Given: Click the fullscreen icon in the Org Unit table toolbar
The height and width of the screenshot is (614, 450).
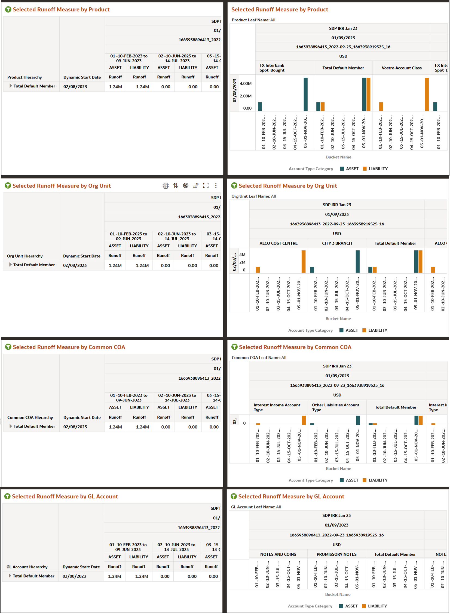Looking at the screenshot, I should pos(206,186).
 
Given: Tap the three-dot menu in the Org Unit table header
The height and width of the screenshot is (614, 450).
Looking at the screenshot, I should pos(216,186).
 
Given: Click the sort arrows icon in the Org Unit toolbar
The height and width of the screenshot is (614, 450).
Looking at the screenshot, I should pos(175,186).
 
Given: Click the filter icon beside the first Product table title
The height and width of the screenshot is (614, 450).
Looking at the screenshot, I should pos(8,10).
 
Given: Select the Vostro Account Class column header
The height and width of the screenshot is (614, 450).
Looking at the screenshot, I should pos(401,68).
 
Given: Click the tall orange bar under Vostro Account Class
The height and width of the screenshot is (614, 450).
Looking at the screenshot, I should pos(427,94).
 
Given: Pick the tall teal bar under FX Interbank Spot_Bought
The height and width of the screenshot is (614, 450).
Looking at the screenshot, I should pos(305,94).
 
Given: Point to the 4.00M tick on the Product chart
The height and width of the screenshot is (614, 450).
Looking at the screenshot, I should pos(246,84).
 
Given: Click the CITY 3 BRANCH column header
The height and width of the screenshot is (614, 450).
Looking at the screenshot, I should pos(337,243).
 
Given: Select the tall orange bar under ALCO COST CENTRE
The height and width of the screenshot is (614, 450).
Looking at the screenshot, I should pos(303,261).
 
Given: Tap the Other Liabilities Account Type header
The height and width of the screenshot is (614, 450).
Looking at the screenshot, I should pos(335,407).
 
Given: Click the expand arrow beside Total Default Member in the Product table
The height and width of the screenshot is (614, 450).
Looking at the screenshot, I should pos(11,86).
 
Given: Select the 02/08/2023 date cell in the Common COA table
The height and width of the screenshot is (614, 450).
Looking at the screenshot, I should pos(75,427).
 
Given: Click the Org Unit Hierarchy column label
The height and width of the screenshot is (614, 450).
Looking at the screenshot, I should pos(25,256).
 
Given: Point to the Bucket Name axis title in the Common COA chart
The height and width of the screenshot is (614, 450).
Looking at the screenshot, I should pos(338,468).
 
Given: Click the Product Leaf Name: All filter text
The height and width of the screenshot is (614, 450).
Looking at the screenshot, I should pos(253,20).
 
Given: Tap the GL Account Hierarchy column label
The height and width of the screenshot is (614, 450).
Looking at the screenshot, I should pos(27,567).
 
